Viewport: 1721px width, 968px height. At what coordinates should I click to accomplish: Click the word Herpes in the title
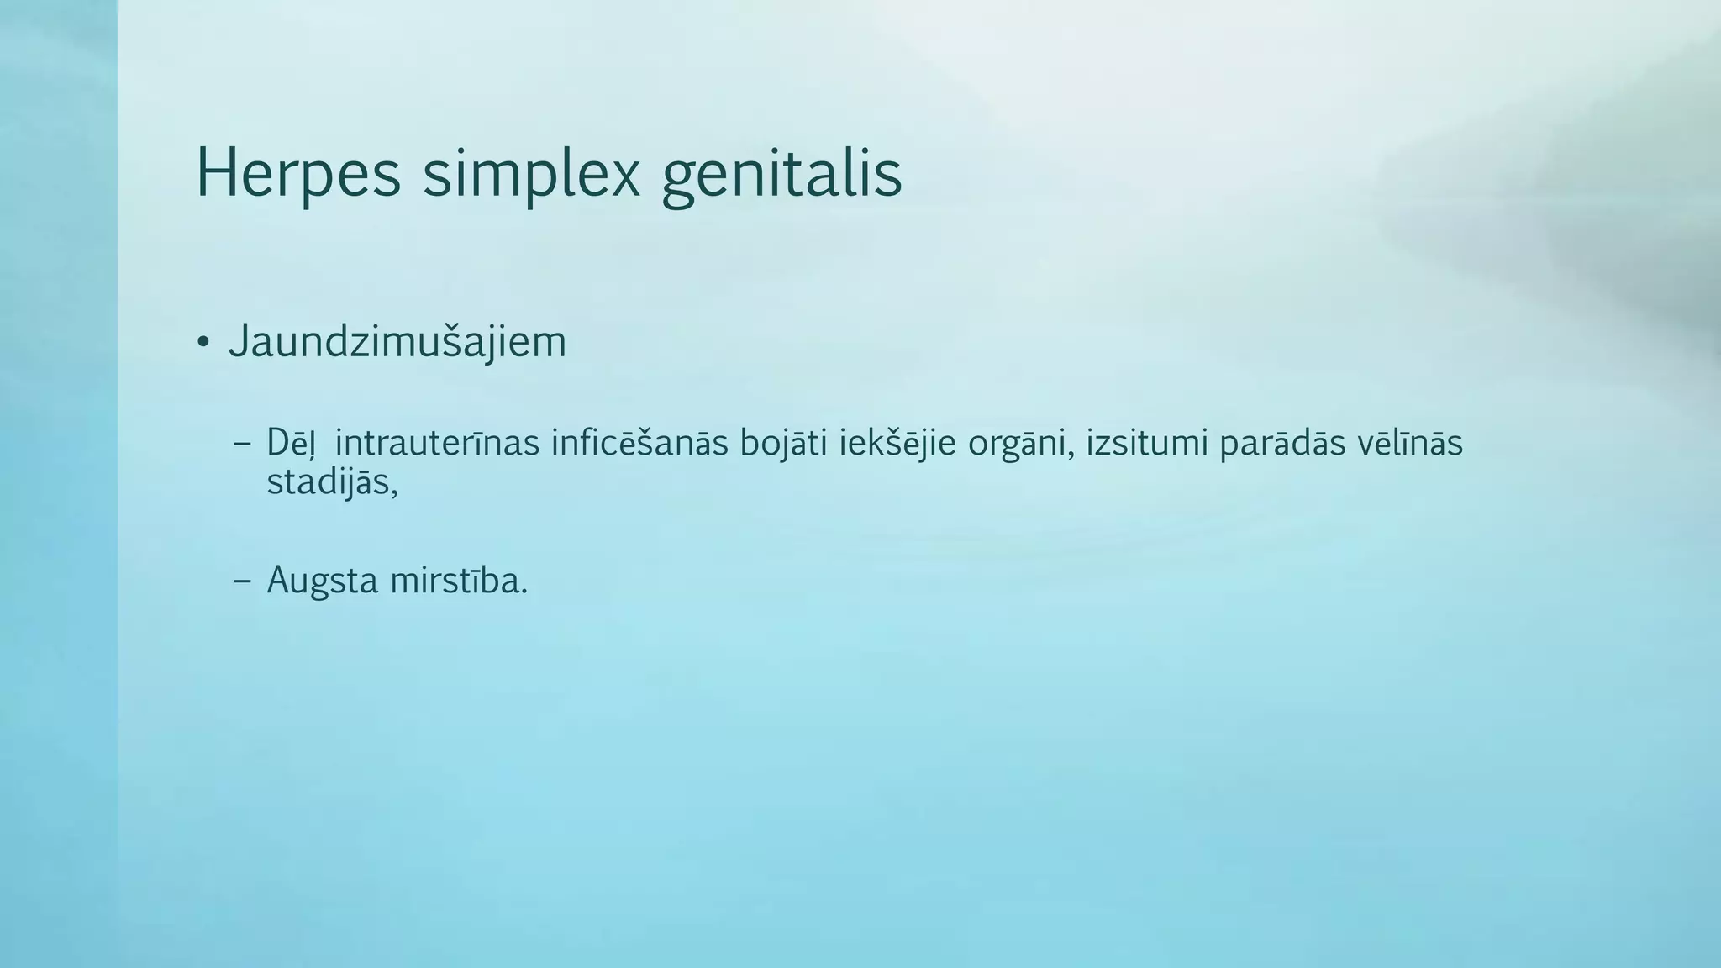[298, 175]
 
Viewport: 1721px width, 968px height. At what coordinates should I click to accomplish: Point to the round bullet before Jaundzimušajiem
[203, 343]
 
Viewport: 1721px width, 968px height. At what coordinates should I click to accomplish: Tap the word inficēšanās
[639, 444]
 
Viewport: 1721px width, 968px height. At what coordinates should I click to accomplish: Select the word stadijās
[328, 483]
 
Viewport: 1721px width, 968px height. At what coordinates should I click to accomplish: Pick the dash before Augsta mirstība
[243, 581]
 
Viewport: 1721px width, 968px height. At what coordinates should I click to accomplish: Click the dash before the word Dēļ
[243, 444]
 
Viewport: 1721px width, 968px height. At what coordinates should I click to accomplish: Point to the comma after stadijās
[393, 492]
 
